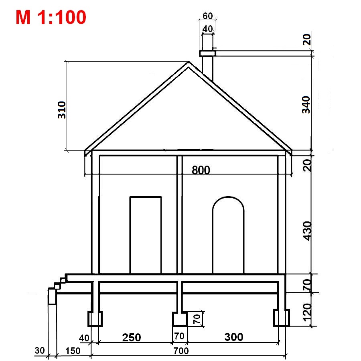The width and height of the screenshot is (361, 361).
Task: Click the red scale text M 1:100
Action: pos(51,17)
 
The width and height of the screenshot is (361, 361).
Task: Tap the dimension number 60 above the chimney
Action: pos(207,16)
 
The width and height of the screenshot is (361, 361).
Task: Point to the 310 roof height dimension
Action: pos(62,110)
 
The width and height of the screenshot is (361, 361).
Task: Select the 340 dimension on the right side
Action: pos(306,105)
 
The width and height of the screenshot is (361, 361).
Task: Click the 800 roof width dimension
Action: pos(201,170)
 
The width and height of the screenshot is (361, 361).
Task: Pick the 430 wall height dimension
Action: pos(307,231)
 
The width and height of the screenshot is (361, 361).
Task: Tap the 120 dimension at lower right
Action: pos(307,312)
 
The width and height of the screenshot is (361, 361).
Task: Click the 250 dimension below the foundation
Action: pos(132,337)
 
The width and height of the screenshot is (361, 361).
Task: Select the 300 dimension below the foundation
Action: pos(234,337)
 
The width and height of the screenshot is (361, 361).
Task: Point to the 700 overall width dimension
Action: pos(181,351)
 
